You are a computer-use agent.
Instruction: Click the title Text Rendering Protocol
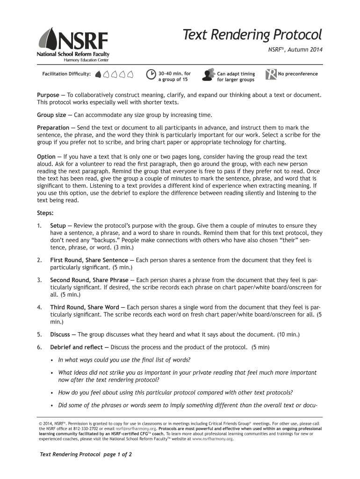pyautogui.click(x=252, y=35)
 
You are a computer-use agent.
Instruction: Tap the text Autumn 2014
pyautogui.click(x=306, y=50)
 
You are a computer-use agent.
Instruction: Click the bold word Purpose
pyautogui.click(x=48, y=95)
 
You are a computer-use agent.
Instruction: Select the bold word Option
pyautogui.click(x=46, y=156)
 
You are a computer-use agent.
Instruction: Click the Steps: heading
pyautogui.click(x=45, y=213)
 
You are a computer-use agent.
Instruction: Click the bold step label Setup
pyautogui.click(x=58, y=225)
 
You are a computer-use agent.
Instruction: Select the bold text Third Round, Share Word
pyautogui.click(x=85, y=307)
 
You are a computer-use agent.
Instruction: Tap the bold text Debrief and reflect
pyautogui.click(x=77, y=347)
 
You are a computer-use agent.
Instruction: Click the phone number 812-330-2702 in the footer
pyautogui.click(x=88, y=428)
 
